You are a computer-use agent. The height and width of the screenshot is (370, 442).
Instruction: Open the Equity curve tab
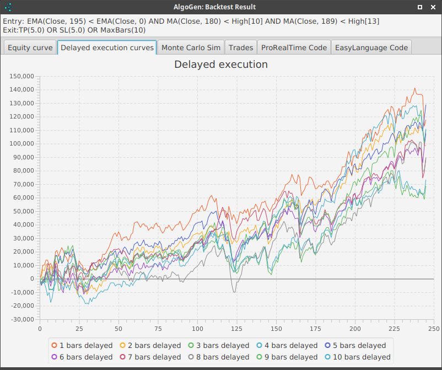[x=30, y=47]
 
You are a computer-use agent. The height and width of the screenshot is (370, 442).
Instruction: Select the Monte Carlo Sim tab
[x=191, y=47]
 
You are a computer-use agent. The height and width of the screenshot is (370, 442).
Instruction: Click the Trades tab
[x=241, y=47]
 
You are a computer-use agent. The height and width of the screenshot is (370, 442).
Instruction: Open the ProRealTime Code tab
[x=294, y=47]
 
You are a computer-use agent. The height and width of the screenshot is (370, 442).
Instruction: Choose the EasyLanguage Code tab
[x=371, y=47]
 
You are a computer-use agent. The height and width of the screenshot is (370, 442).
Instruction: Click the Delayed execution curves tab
[x=107, y=47]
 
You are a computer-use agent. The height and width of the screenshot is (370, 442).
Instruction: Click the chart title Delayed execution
[x=220, y=65]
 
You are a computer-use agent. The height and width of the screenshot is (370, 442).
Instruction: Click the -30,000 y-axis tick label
[x=23, y=319]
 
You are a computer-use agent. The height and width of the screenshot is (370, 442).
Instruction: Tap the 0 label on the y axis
[x=32, y=279]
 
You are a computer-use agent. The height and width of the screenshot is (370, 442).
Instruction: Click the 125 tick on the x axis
[x=236, y=329]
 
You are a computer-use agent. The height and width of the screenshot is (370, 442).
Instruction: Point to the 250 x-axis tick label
[x=434, y=329]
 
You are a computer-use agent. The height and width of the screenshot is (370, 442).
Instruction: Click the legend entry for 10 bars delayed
[x=359, y=357]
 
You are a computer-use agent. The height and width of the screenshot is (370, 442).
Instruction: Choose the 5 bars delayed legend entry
[x=359, y=345]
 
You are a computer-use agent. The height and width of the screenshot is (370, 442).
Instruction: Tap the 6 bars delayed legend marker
[x=55, y=357]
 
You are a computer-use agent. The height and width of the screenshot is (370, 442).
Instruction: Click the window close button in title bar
[x=432, y=7]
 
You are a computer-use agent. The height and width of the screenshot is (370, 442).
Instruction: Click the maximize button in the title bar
[x=420, y=7]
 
